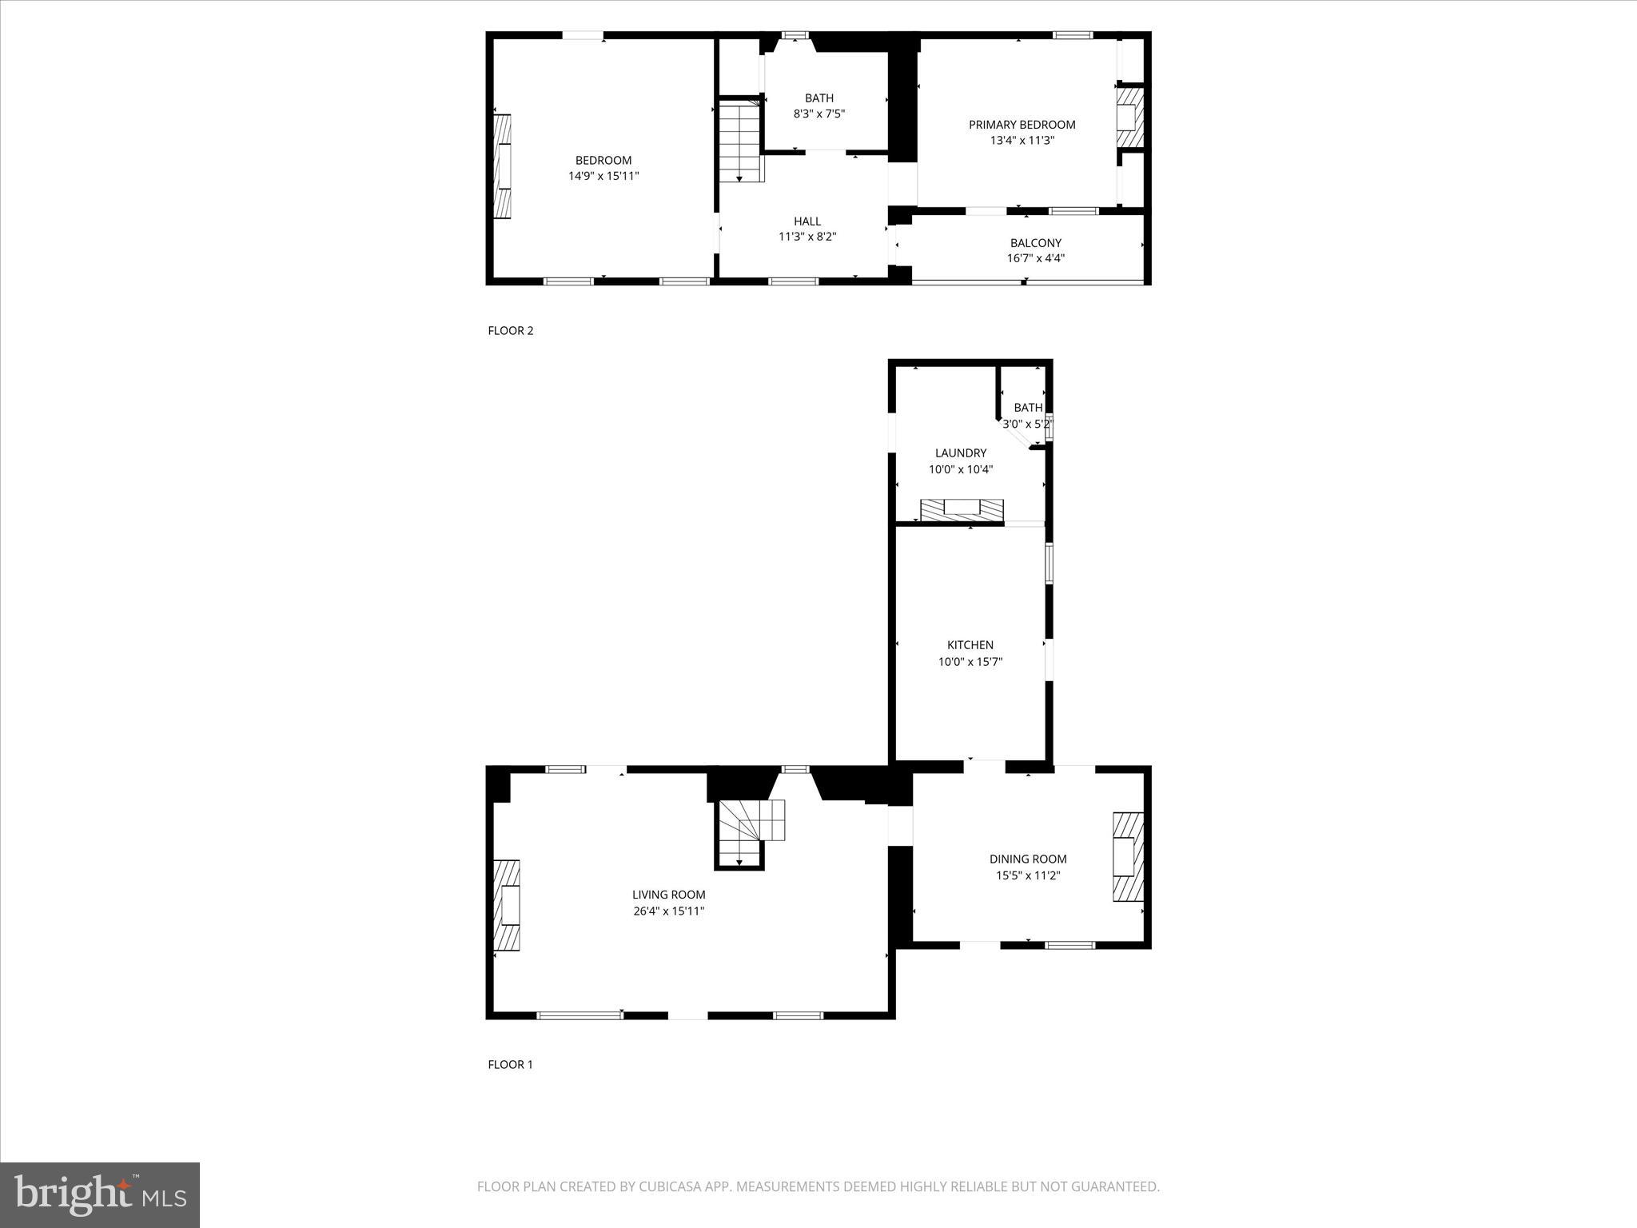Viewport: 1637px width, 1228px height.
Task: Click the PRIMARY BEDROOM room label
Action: click(x=1022, y=125)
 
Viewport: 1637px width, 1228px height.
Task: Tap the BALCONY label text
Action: click(x=1035, y=243)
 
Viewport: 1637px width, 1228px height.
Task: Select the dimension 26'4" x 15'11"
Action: click(x=668, y=911)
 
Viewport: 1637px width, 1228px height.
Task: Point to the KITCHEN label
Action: click(x=970, y=645)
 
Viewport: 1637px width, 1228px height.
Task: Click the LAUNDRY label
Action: click(x=960, y=453)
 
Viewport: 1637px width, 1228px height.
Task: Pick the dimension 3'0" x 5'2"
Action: click(x=1027, y=424)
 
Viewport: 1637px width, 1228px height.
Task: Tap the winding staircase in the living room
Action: click(x=750, y=831)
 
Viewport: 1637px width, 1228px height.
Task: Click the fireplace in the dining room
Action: click(x=1128, y=858)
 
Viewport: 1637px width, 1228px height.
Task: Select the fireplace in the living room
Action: click(x=507, y=905)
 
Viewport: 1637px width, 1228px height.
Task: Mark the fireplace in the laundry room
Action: click(x=962, y=510)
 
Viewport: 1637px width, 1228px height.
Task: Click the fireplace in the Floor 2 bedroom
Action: click(x=502, y=166)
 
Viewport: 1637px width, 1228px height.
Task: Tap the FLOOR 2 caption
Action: click(x=510, y=331)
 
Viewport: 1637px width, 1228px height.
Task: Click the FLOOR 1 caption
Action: click(x=510, y=1064)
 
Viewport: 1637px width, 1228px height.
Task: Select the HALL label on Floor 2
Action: click(x=807, y=221)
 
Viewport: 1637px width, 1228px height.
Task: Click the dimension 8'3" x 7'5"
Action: click(x=818, y=114)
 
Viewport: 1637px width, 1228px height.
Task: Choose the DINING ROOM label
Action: click(x=1027, y=859)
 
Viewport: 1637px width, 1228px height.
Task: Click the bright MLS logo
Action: click(x=100, y=1195)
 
